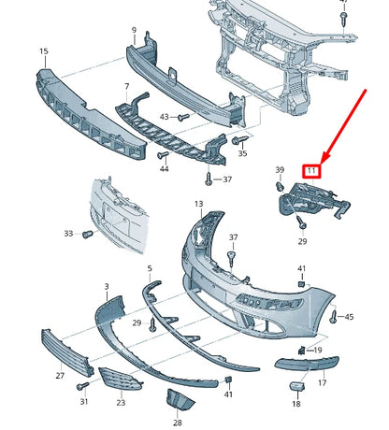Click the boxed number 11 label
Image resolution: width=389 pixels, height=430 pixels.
[311, 170]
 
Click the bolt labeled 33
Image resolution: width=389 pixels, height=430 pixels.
[87, 233]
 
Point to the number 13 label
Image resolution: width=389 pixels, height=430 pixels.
[198, 203]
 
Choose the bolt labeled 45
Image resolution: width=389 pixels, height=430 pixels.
[334, 318]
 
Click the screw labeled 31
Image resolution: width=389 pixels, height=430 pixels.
[83, 384]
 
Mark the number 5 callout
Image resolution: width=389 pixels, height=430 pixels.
[149, 268]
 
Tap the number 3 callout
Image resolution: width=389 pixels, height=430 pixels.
[106, 285]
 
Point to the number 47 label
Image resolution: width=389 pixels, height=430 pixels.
[343, 3]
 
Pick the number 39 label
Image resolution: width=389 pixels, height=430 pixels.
[279, 169]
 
